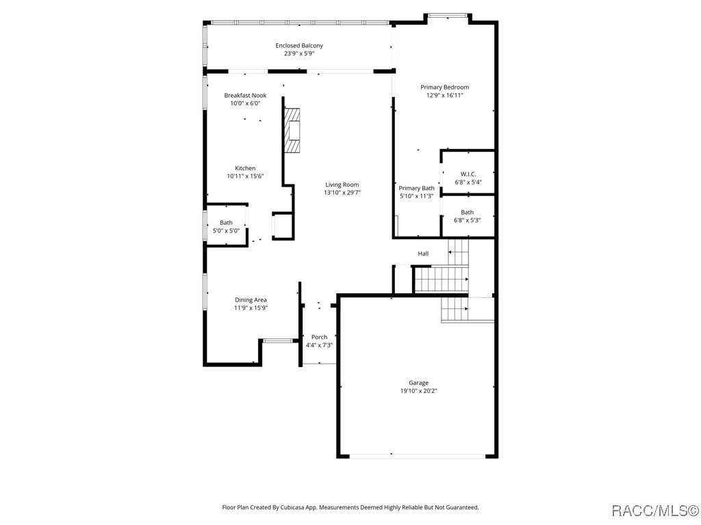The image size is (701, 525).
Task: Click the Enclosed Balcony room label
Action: coord(299,46)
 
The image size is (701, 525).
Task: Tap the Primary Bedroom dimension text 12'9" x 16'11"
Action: coord(444,95)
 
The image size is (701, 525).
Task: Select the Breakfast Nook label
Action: coord(245,96)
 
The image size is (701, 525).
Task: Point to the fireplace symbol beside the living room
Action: coord(293,131)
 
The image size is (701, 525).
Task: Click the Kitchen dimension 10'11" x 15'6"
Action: coord(245,176)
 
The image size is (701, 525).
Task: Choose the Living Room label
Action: coord(342,185)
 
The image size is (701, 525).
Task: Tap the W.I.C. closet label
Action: coord(468,174)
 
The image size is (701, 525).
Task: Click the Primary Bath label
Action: coord(416,188)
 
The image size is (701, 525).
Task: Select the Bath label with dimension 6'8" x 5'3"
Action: coord(467,213)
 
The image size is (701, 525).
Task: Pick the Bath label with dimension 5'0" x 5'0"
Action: coord(226,223)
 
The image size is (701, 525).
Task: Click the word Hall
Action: coord(423,254)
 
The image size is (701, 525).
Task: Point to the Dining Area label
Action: coord(251,299)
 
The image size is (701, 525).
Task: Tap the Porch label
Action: coord(319,337)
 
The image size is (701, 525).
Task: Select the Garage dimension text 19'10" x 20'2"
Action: coord(418,391)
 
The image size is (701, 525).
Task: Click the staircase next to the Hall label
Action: coord(441,278)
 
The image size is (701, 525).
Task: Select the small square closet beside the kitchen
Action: coord(282,226)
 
